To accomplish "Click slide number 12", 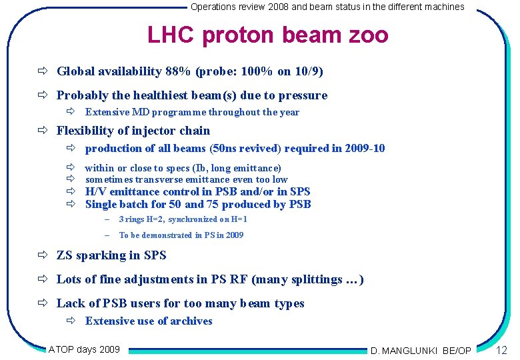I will coord(502,350).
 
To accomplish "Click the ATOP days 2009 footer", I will coord(84,349).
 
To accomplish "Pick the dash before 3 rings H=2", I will coord(106,219).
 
